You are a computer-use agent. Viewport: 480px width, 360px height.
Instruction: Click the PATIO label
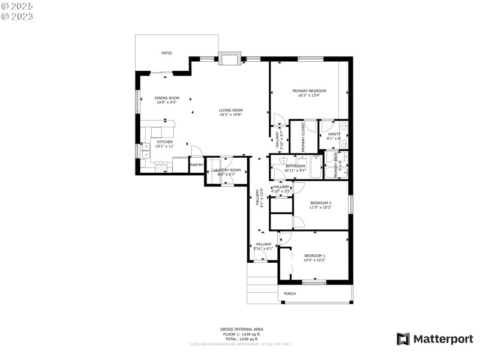[167, 53]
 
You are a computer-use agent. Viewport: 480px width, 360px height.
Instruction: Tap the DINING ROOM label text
[167, 98]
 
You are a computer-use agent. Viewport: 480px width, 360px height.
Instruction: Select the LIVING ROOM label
[230, 110]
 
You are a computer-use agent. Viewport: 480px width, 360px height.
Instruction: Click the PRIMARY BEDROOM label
[309, 91]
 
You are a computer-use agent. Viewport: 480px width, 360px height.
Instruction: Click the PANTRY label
[196, 164]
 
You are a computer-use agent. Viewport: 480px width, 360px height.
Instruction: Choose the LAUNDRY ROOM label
[227, 170]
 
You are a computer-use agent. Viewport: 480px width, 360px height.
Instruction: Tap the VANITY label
[334, 134]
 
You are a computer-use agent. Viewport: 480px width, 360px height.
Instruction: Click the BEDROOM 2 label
[320, 203]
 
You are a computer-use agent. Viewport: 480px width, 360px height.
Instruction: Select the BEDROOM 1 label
[314, 256]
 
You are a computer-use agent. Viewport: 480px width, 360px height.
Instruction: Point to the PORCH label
[290, 293]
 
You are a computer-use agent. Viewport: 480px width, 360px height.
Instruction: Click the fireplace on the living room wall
[230, 58]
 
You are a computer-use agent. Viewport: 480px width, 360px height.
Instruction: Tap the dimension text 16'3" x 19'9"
[230, 115]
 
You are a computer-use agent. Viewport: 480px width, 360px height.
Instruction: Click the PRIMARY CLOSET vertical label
[303, 137]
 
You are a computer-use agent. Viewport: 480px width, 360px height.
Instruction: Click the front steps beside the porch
[262, 282]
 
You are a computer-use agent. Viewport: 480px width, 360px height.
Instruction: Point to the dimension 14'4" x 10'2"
[314, 260]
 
